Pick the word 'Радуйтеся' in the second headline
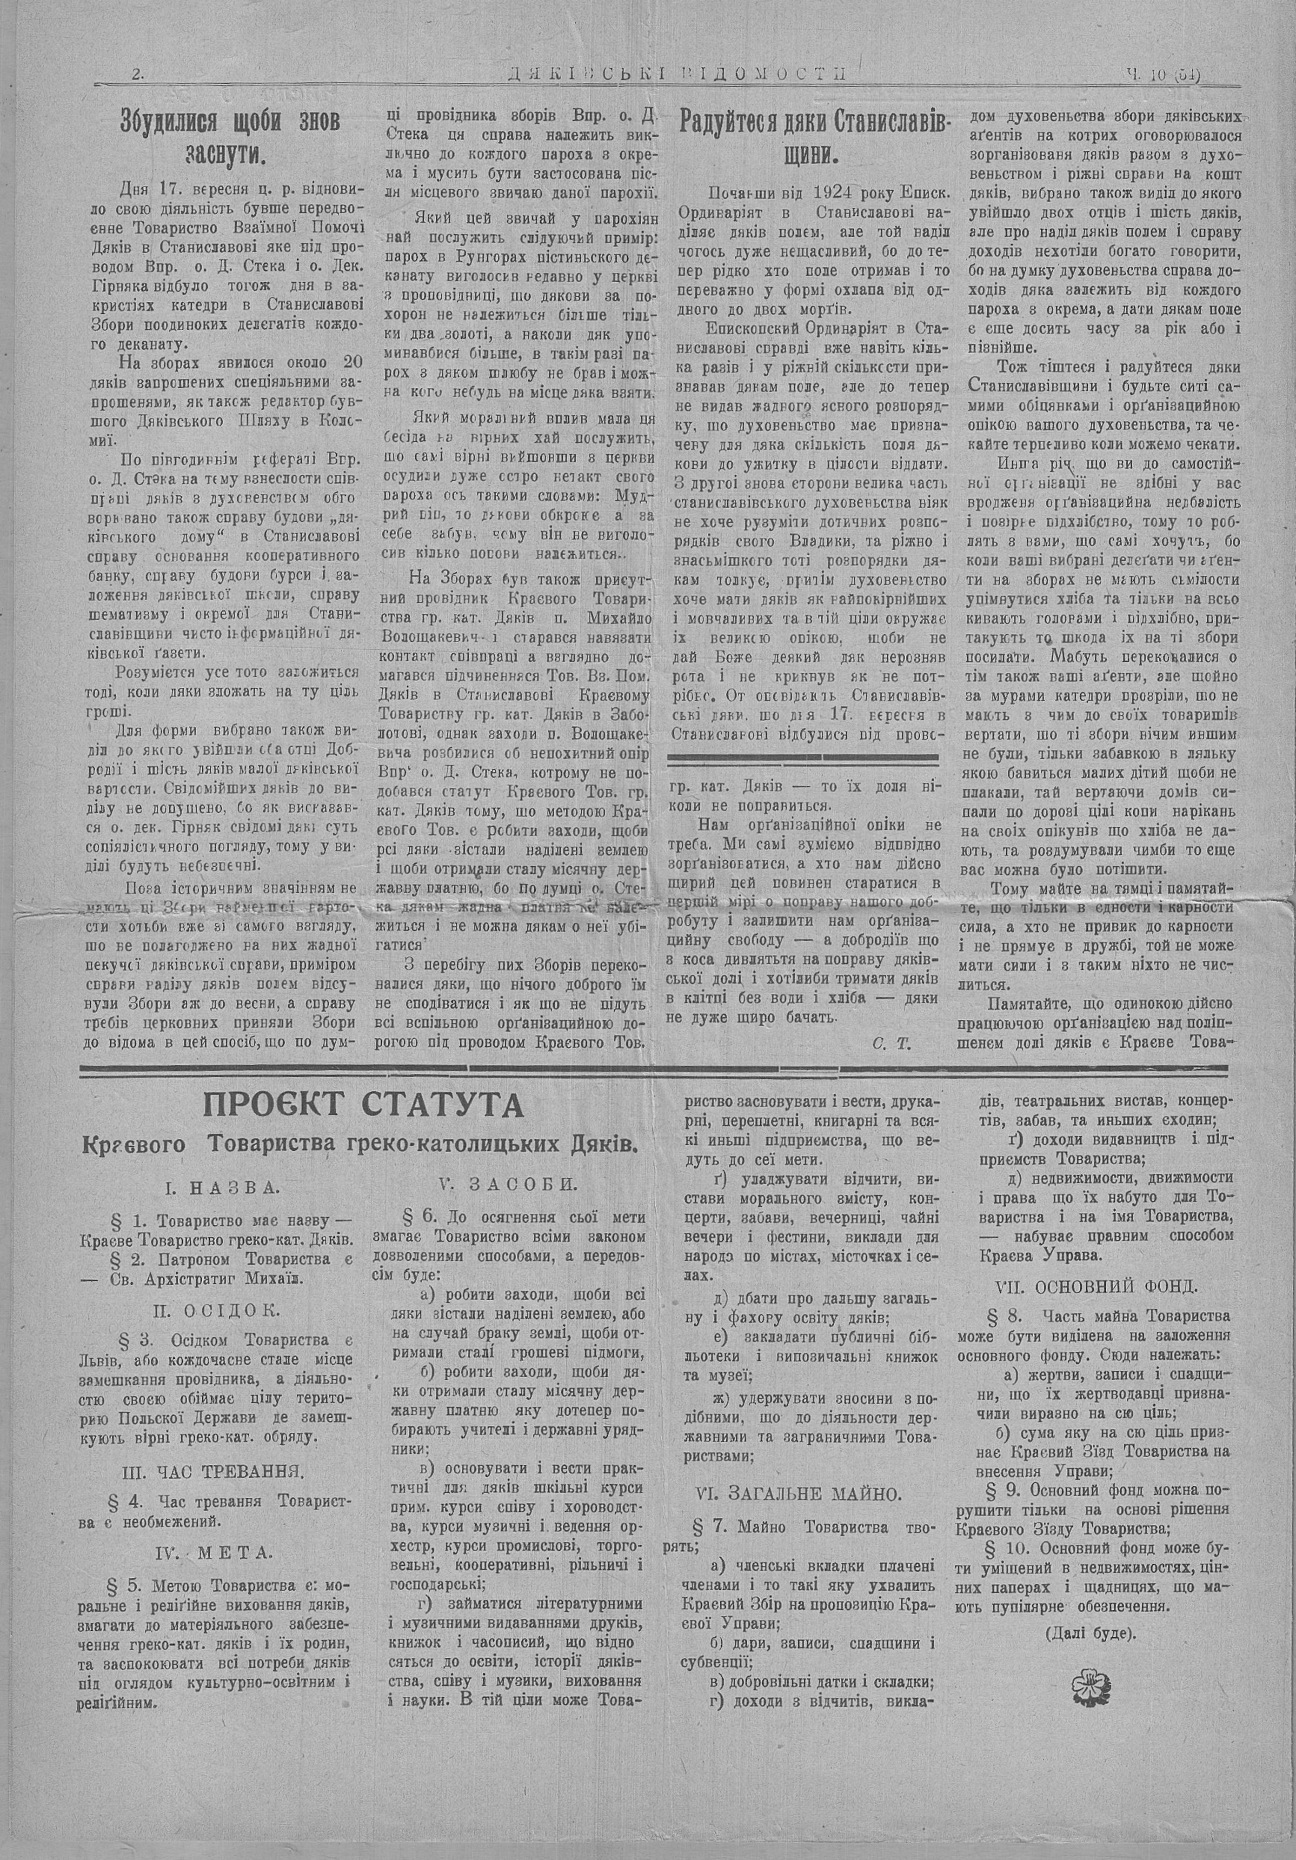coord(733,122)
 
